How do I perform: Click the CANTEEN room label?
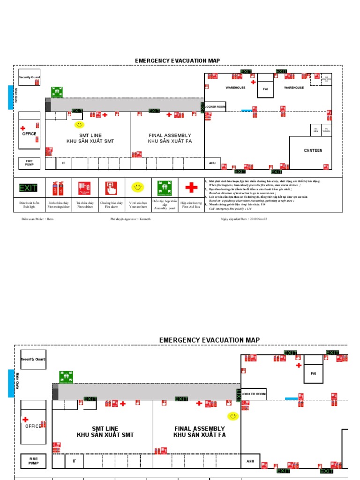tap(313, 150)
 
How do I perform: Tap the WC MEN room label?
tap(316, 130)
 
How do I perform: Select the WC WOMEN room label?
tap(326, 130)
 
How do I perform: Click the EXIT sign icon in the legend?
tap(28, 188)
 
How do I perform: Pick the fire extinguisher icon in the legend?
tap(58, 188)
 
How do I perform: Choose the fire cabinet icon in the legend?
tap(85, 188)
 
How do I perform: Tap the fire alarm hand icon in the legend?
tap(111, 188)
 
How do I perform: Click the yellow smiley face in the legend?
tap(138, 187)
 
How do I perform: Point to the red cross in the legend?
tap(191, 188)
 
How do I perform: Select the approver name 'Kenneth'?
tap(145, 219)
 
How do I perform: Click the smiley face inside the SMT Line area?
tap(79, 124)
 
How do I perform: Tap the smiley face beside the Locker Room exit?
tap(232, 416)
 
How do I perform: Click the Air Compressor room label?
tap(326, 79)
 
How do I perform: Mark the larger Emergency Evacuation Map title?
tap(209, 340)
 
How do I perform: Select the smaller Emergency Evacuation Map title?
tap(177, 61)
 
